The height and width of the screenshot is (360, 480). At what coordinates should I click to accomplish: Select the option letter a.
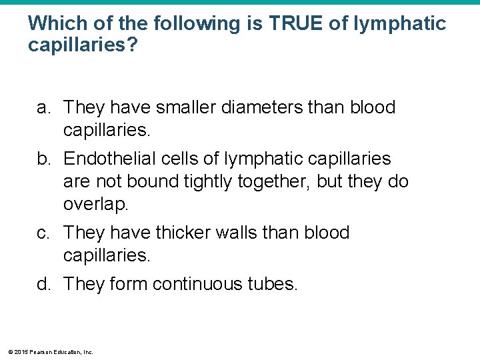coord(44,107)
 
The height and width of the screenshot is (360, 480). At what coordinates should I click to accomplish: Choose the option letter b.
coord(44,159)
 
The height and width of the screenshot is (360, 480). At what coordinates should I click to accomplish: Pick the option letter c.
coord(43,233)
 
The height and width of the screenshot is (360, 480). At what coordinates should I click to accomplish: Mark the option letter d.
coord(44,285)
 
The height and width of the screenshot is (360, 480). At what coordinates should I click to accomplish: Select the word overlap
coord(95,205)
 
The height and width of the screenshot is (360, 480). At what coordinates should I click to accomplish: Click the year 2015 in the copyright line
coord(20,352)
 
